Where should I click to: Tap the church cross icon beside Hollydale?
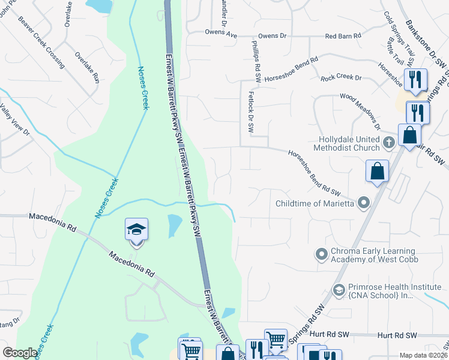coord(388,143)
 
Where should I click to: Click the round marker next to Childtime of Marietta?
coord(363,204)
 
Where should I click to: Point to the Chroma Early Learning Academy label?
coord(375,254)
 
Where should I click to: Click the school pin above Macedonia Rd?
coord(136,230)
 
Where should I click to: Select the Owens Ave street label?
coord(221,33)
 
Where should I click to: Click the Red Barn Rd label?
coord(343,36)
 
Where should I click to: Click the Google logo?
coord(20,353)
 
